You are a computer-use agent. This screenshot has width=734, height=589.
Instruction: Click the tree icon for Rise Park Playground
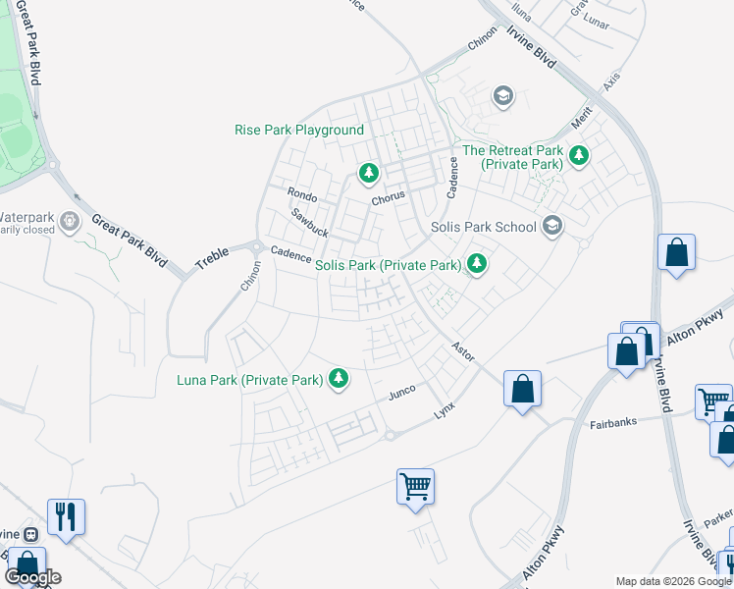point(368,174)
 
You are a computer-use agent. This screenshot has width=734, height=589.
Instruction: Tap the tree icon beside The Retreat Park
point(579,154)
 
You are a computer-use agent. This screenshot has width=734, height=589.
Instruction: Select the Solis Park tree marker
point(477,264)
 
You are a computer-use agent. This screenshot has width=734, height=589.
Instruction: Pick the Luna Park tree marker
point(339,378)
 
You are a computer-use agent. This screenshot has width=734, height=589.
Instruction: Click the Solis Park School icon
point(552,227)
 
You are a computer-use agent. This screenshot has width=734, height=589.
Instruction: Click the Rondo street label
point(301,194)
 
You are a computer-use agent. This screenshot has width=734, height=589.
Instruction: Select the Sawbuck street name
point(309,222)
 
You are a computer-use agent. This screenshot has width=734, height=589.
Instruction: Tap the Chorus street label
point(388,197)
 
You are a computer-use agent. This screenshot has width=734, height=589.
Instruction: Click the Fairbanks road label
point(613,423)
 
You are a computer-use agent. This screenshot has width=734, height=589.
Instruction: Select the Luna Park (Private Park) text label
point(250,380)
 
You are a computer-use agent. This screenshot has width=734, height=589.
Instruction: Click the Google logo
point(32,578)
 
